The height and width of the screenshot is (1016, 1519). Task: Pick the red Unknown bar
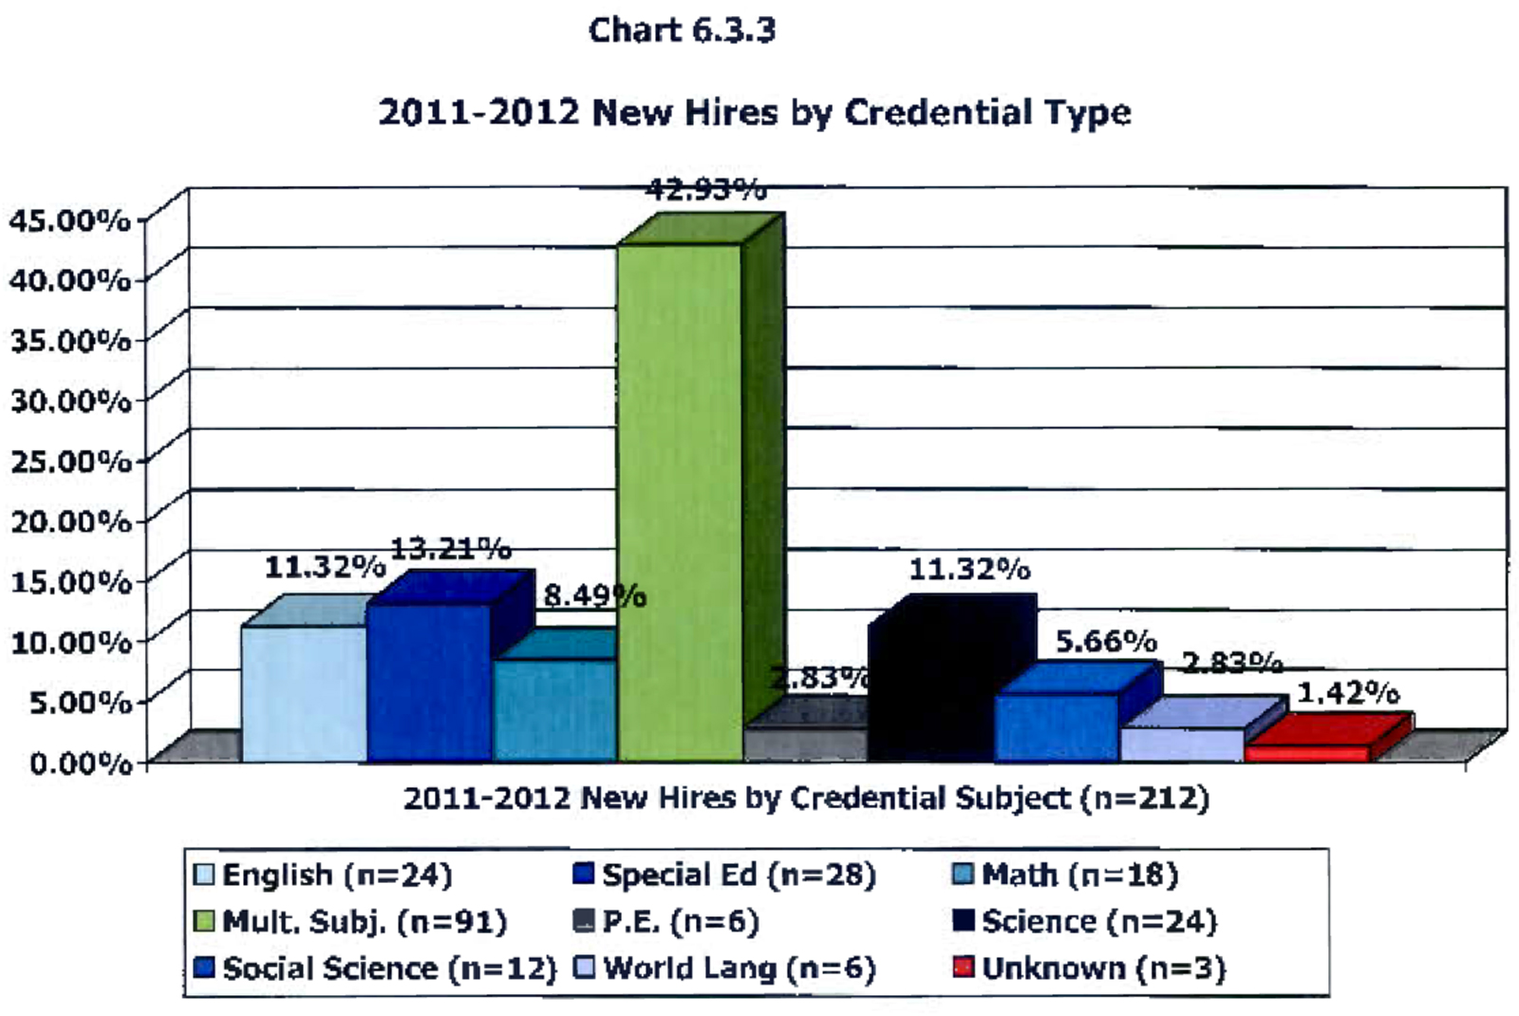pos(1307,752)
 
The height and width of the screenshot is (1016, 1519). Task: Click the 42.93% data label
pos(705,190)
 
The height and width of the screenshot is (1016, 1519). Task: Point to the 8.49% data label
pos(594,596)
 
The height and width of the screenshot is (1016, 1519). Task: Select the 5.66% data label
pos(1106,642)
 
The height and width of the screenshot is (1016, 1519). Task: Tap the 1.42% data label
pos(1348,693)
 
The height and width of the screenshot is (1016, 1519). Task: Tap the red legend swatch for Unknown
pos(964,968)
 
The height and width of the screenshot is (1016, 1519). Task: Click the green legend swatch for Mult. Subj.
pos(203,921)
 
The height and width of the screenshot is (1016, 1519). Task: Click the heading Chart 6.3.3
pos(682,30)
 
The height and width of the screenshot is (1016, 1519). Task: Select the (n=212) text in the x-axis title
pos(1145,798)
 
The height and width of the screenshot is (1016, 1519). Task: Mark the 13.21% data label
pos(451,549)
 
